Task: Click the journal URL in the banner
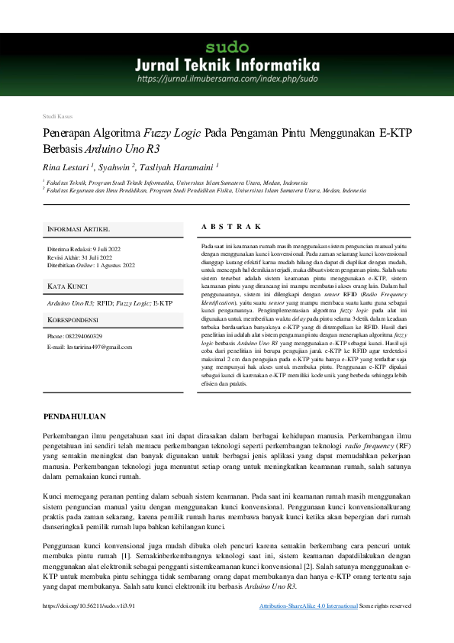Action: [x=227, y=78]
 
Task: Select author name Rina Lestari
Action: [x=66, y=166]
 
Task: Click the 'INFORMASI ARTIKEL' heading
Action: [x=79, y=229]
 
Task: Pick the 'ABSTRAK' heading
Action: [x=232, y=227]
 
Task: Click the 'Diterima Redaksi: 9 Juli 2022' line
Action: [x=84, y=250]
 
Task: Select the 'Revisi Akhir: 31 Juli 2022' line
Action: [x=79, y=257]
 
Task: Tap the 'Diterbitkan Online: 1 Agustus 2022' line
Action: [x=91, y=265]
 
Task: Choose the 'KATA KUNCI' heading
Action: [x=68, y=286]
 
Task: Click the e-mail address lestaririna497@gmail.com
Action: [x=89, y=347]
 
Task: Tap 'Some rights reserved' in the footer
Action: [x=385, y=606]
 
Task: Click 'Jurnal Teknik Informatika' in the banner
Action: [x=227, y=63]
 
